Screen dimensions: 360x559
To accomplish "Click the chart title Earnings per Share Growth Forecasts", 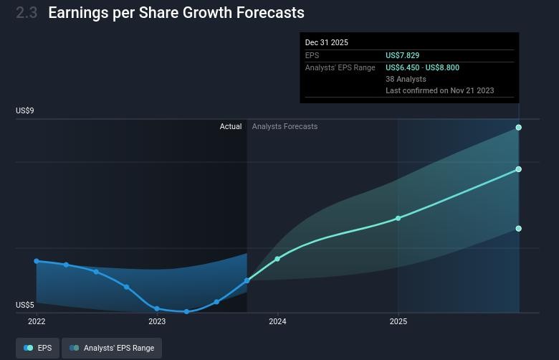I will [176, 13].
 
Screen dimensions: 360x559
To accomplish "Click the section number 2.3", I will [27, 13].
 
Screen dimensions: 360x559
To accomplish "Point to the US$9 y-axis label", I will [25, 110].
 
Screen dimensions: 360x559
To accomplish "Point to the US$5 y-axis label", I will [25, 305].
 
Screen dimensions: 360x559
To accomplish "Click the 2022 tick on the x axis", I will [37, 322].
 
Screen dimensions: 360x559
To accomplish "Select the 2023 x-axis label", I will [157, 322].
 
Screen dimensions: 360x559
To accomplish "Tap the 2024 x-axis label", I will [277, 322].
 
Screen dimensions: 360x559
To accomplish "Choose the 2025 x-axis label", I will [398, 322].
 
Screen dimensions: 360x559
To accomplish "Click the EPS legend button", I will [37, 348].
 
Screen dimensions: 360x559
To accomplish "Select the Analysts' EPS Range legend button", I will [112, 348].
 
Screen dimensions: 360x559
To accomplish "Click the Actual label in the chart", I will [231, 126].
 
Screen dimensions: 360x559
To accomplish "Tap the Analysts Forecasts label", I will [285, 126].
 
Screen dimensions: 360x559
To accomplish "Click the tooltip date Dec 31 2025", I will [327, 42].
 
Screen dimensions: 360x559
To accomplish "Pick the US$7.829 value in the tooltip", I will [403, 55].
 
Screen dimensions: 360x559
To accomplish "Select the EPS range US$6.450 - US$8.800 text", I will [422, 67].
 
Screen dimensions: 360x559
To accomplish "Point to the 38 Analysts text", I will [406, 79].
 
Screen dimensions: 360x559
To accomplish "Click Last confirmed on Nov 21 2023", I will [439, 90].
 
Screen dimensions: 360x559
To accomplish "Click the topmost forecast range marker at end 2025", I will [519, 128].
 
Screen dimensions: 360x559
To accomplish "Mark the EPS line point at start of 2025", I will [398, 218].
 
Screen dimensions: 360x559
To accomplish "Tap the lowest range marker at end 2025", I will [519, 229].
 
